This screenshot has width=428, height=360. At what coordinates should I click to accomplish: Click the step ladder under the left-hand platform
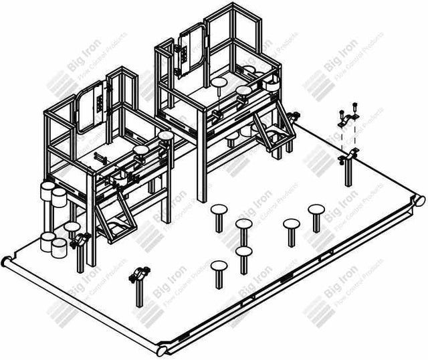coord(112,214)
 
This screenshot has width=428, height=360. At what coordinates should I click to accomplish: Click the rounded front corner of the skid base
coord(163,350)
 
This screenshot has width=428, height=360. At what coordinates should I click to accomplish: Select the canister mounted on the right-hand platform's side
coord(273,85)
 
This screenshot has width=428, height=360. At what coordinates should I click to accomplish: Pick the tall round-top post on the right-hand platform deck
coord(219,85)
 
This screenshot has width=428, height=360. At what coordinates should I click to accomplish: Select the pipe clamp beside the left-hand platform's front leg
coord(80,240)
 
